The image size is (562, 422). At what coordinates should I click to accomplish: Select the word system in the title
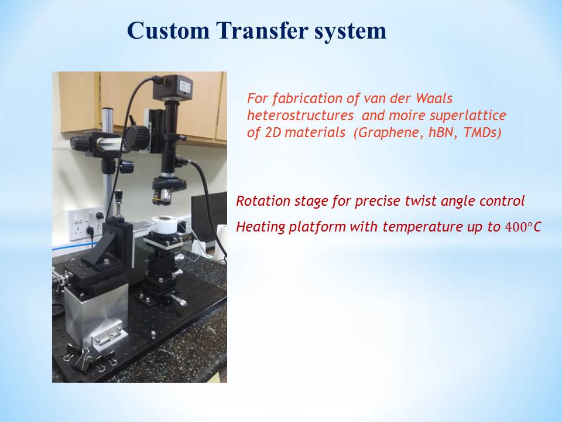point(351,32)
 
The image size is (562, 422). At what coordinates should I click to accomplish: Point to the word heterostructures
point(300,115)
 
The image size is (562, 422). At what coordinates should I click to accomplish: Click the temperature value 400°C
point(523,227)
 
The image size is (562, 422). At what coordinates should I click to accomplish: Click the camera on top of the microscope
point(173,87)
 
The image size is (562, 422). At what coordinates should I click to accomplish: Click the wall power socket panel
point(86,224)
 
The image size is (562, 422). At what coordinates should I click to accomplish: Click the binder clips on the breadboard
point(90,356)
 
